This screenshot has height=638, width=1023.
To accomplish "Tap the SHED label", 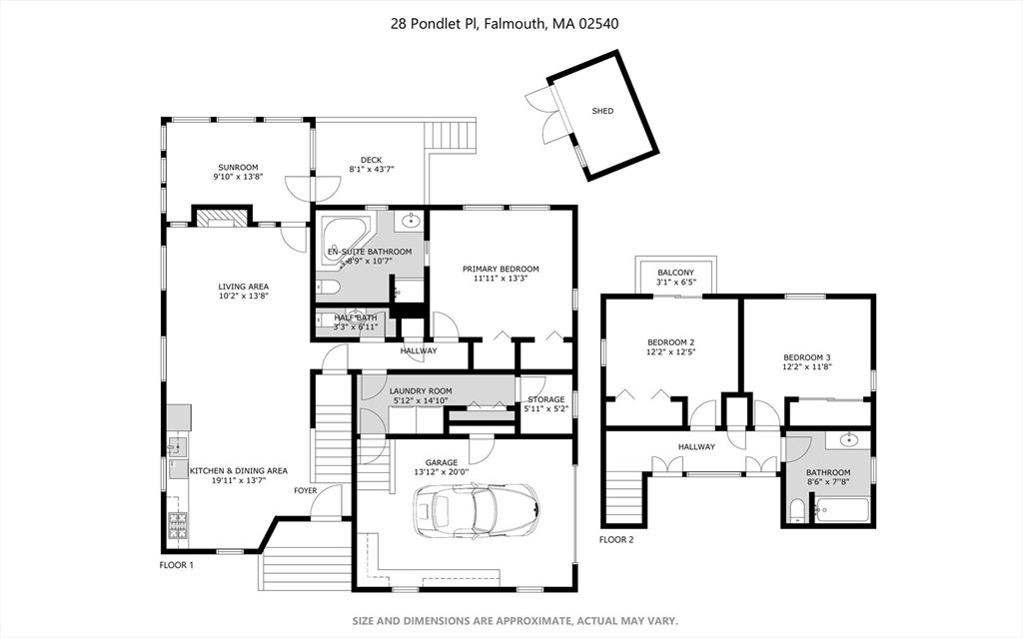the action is pyautogui.click(x=602, y=111).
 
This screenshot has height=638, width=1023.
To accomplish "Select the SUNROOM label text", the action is pyautogui.click(x=238, y=167).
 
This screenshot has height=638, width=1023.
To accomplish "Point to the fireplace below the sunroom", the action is pyautogui.click(x=222, y=218).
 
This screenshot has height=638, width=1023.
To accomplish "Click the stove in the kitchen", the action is pyautogui.click(x=178, y=524).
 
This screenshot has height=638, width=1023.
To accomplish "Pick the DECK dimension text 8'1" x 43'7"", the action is pyautogui.click(x=372, y=169).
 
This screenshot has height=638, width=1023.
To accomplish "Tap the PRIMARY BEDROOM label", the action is pyautogui.click(x=501, y=269).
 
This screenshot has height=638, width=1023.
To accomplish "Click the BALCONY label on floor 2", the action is pyautogui.click(x=676, y=273).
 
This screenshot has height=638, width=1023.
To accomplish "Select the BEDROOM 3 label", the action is pyautogui.click(x=807, y=357).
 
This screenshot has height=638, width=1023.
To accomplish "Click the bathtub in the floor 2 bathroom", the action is pyautogui.click(x=842, y=510).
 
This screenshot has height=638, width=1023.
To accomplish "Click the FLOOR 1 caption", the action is pyautogui.click(x=176, y=565).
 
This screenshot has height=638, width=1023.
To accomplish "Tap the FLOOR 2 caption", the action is pyautogui.click(x=616, y=539).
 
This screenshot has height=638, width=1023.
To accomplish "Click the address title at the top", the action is pyautogui.click(x=505, y=24).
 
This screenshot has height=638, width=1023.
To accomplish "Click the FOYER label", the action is pyautogui.click(x=306, y=490).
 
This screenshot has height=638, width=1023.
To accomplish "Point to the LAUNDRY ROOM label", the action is pyautogui.click(x=421, y=391).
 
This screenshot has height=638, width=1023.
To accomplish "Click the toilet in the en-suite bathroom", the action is pyautogui.click(x=328, y=288).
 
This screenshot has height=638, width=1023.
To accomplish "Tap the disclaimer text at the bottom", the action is pyautogui.click(x=515, y=620).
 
